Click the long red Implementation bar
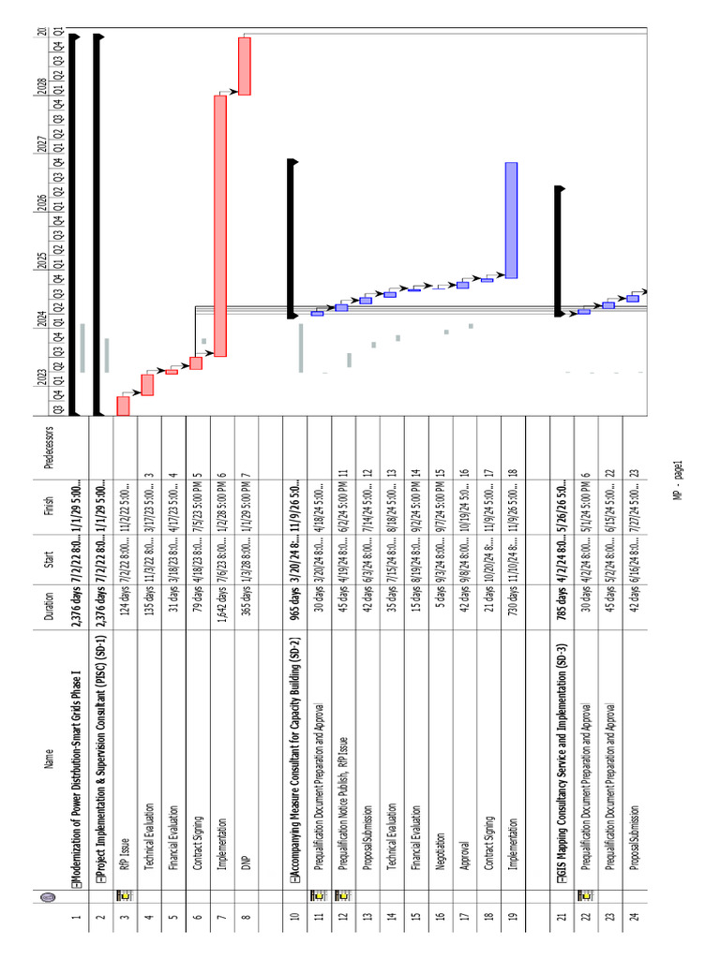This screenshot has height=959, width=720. click(220, 226)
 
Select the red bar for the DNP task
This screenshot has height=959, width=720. click(245, 66)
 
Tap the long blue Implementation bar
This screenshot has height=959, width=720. click(511, 220)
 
